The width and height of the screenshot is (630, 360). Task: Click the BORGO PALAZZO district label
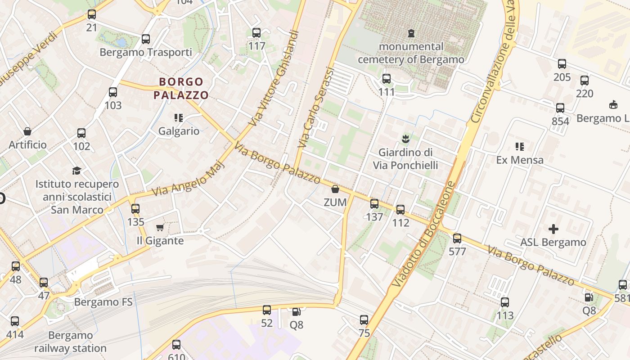point(181,88)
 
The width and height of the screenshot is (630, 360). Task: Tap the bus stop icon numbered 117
point(256,33)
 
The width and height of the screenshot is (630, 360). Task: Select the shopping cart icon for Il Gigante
point(160,228)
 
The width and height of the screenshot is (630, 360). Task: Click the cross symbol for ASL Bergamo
point(553,229)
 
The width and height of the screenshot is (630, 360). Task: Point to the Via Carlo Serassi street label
point(316,108)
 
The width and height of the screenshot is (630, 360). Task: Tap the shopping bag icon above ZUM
point(335,189)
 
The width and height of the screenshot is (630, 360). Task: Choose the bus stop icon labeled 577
point(457,238)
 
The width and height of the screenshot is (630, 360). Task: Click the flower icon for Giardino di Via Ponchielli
point(405,139)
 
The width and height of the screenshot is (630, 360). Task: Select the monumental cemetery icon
point(411,33)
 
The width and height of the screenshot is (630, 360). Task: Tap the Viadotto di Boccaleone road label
point(424,234)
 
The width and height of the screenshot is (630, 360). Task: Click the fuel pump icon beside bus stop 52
point(296,311)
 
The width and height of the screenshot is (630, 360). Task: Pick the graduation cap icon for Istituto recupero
point(77,171)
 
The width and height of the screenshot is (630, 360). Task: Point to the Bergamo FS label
point(103,301)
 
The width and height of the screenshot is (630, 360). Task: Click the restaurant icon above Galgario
point(179,118)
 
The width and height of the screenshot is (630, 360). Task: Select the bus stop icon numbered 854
point(560,108)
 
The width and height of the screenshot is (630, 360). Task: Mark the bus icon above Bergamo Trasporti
point(145,39)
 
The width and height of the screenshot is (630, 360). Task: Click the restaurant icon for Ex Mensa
point(520,147)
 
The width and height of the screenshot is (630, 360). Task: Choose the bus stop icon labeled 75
point(364,320)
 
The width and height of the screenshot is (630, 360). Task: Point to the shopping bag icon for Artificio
point(27,131)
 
